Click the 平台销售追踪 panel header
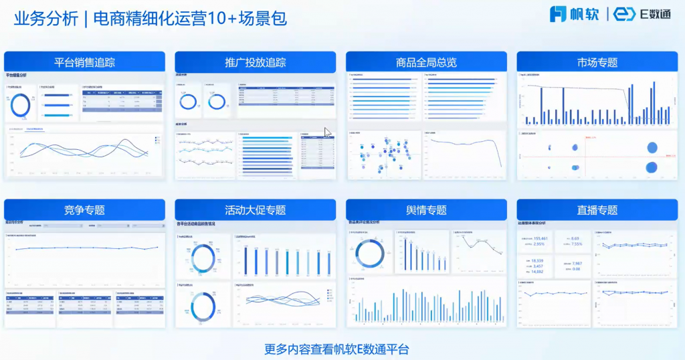[84, 62]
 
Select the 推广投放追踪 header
[255, 62]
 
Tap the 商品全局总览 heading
[426, 62]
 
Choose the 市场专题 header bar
[597, 62]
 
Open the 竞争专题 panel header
[84, 209]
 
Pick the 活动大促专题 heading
[255, 209]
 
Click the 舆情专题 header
[426, 209]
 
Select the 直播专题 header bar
[597, 209]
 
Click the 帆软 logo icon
[558, 14]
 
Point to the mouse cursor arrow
[328, 132]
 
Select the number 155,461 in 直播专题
[541, 238]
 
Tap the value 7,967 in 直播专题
[577, 264]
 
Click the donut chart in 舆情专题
[369, 253]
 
